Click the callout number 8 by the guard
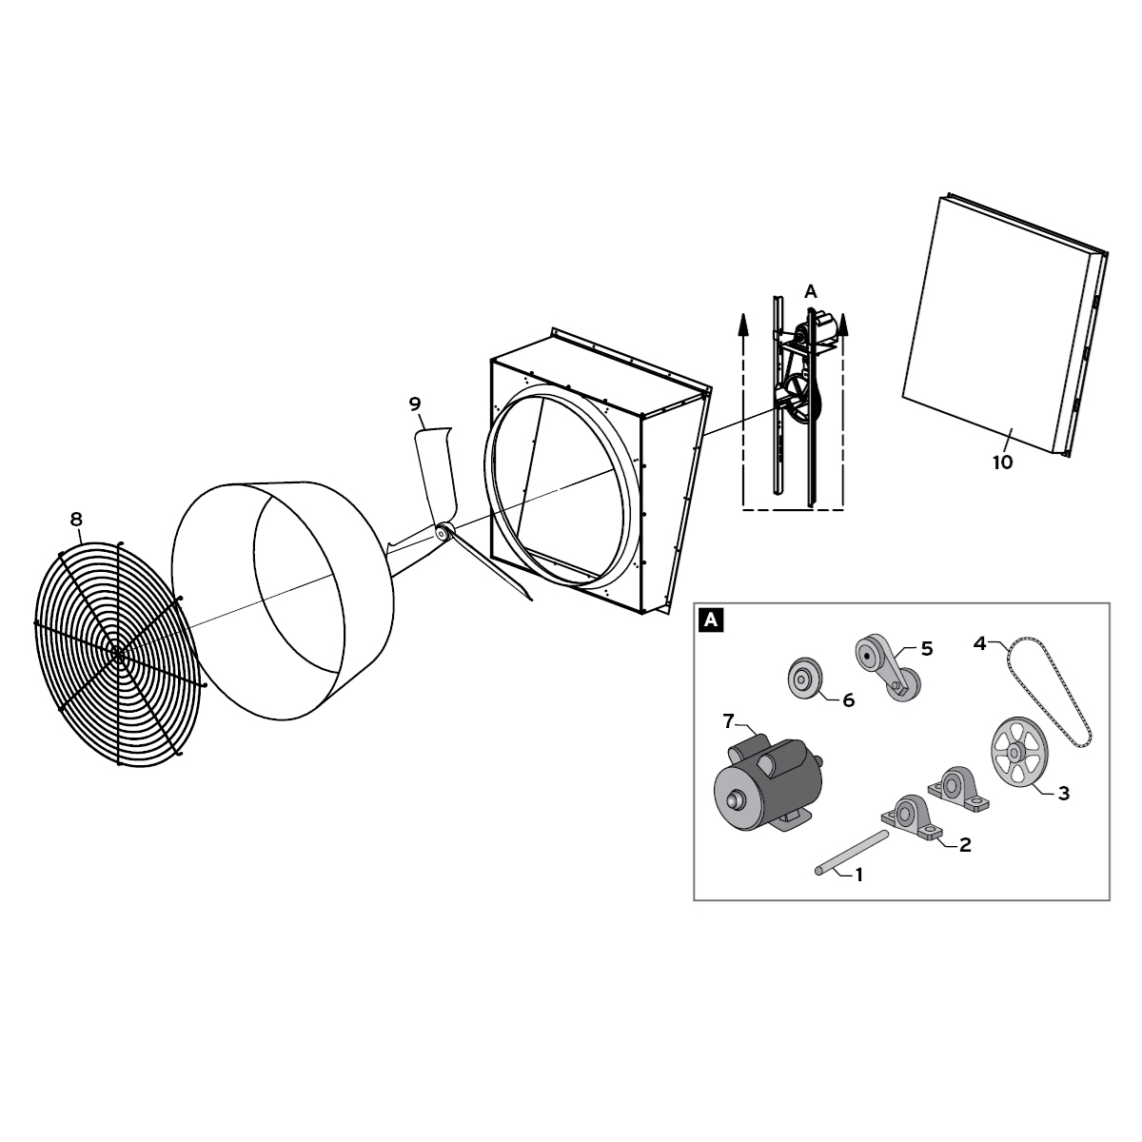point(76,520)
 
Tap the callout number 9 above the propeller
point(415,404)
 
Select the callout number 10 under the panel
point(1002,463)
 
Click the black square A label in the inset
point(711,620)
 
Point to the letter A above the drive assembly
point(810,292)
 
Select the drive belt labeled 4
point(1049,695)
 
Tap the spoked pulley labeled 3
point(1016,752)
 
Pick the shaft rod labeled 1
point(852,852)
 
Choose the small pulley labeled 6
point(804,679)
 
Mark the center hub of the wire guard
point(117,654)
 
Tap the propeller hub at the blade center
point(443,533)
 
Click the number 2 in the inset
point(965,844)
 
